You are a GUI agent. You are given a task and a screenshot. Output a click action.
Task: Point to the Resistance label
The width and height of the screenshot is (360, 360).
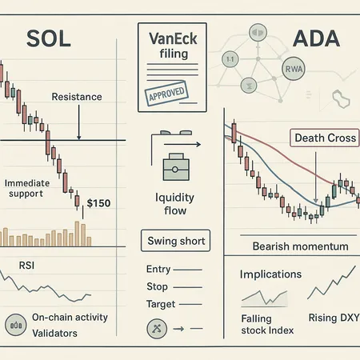click(76, 97)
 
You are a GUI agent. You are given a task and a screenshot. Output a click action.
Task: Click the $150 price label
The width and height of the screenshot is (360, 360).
click(98, 204)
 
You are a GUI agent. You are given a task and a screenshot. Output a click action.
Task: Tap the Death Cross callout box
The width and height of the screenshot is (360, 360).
click(326, 138)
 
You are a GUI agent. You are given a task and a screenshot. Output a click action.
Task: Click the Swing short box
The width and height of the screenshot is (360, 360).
click(176, 241)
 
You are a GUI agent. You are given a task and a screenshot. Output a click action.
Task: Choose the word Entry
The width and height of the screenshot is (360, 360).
click(159, 270)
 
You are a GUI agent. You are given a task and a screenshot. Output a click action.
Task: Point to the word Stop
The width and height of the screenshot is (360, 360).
click(158, 286)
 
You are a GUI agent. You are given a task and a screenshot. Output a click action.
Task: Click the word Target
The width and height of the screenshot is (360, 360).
click(162, 304)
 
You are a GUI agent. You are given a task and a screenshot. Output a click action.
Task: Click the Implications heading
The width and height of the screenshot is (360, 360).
click(270, 274)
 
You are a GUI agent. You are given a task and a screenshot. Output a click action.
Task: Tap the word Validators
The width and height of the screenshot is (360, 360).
click(54, 333)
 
